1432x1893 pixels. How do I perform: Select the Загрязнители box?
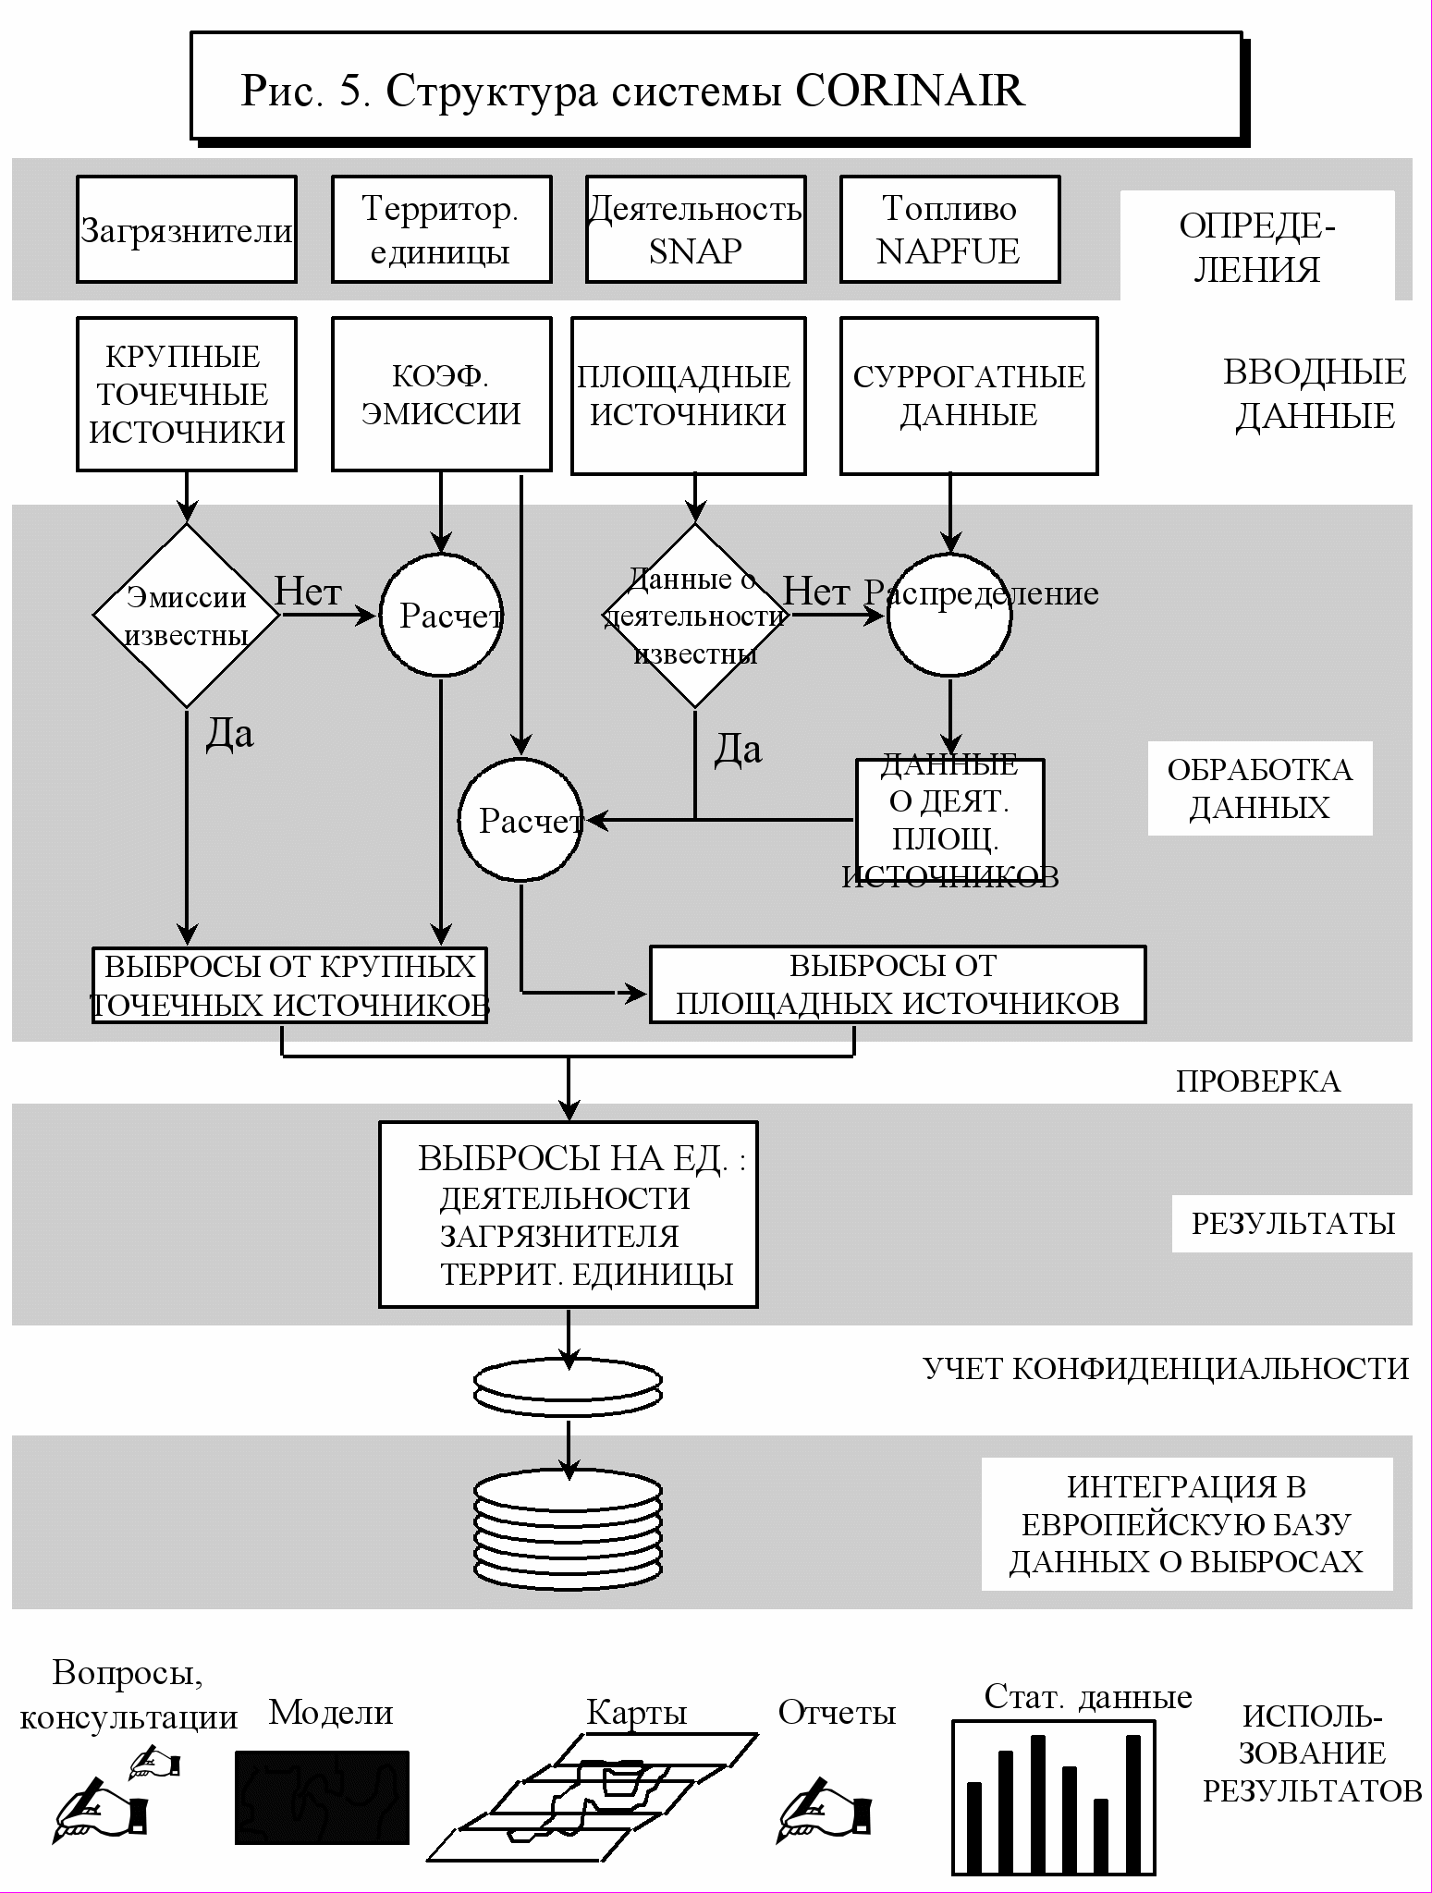(187, 230)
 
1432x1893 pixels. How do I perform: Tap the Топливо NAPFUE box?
(949, 230)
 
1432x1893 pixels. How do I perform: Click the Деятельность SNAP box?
(695, 230)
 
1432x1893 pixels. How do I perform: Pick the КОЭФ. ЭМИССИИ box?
(441, 395)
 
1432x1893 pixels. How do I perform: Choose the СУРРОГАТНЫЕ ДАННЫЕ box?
(969, 396)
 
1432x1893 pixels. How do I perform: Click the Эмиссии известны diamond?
(187, 616)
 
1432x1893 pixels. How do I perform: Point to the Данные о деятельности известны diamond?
(695, 616)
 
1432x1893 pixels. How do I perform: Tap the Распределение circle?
(949, 615)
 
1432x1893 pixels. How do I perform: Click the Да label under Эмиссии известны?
(228, 734)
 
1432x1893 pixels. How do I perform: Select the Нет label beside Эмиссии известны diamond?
(309, 592)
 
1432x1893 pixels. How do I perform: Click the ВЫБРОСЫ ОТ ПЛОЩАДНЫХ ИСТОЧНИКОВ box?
(897, 984)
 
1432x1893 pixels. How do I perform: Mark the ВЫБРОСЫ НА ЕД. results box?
(569, 1215)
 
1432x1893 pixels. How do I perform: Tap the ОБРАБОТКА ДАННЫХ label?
(1259, 788)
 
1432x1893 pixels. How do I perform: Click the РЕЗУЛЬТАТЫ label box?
(1291, 1224)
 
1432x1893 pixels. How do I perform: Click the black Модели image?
(322, 1797)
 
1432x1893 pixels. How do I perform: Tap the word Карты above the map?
(637, 1713)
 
